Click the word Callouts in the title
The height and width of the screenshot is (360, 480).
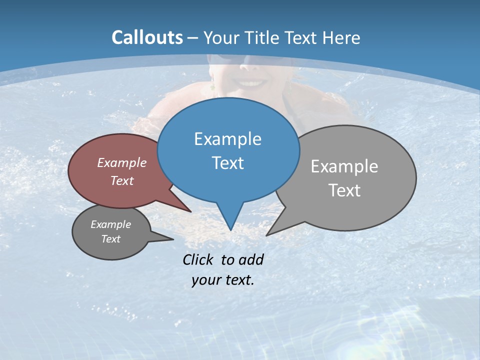pyautogui.click(x=147, y=37)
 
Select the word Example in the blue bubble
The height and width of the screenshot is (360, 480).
pyautogui.click(x=227, y=138)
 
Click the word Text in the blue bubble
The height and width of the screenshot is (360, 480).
pyautogui.click(x=227, y=162)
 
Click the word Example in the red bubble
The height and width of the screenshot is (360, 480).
pyautogui.click(x=121, y=162)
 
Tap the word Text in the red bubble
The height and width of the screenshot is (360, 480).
pyautogui.click(x=121, y=180)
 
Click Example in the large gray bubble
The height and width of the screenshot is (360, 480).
pyautogui.click(x=344, y=166)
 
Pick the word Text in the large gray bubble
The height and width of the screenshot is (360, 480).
pyautogui.click(x=344, y=190)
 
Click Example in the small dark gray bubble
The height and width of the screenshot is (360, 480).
pyautogui.click(x=110, y=224)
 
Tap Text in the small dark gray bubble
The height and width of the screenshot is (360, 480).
pyautogui.click(x=110, y=239)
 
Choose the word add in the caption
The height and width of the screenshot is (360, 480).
pyautogui.click(x=250, y=259)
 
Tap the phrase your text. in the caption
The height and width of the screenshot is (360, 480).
pyautogui.click(x=222, y=280)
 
